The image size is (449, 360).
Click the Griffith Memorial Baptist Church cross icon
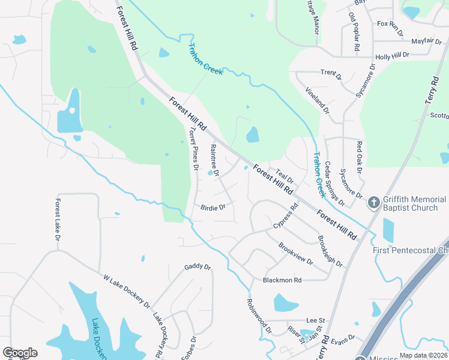tap(373, 202)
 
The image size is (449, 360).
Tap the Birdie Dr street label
tap(213, 208)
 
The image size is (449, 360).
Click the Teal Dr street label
tap(285, 176)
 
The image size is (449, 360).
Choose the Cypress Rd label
tap(286, 217)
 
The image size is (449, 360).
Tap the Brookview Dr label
tap(296, 253)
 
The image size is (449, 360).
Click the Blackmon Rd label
tap(282, 280)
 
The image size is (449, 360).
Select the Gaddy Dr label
tap(197, 267)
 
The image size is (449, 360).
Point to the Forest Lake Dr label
tap(58, 220)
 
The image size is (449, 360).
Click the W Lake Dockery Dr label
tap(127, 292)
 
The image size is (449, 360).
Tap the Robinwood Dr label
tap(259, 316)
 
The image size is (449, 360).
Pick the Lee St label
tap(315, 321)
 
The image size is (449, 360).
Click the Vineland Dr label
tap(318, 100)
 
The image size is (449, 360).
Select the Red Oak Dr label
tap(360, 157)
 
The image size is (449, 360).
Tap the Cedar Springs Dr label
tap(335, 184)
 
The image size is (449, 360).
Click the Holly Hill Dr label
tap(392, 56)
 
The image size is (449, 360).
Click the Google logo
tap(20, 353)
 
